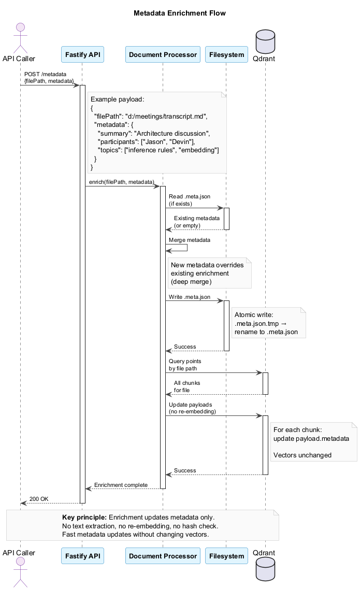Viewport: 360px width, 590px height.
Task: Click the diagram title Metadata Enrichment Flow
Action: (180, 13)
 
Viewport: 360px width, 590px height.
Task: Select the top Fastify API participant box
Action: (82, 54)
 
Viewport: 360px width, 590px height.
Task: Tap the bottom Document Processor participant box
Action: (163, 556)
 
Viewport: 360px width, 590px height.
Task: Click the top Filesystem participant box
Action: (226, 54)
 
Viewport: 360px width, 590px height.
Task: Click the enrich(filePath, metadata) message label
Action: (122, 182)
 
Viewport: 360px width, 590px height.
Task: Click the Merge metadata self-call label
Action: (189, 240)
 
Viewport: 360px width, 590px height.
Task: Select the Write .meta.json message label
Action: (190, 297)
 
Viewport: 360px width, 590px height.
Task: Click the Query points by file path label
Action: (185, 364)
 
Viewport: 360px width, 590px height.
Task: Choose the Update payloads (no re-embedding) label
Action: (192, 407)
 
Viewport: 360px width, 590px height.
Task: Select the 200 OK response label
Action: (39, 498)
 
